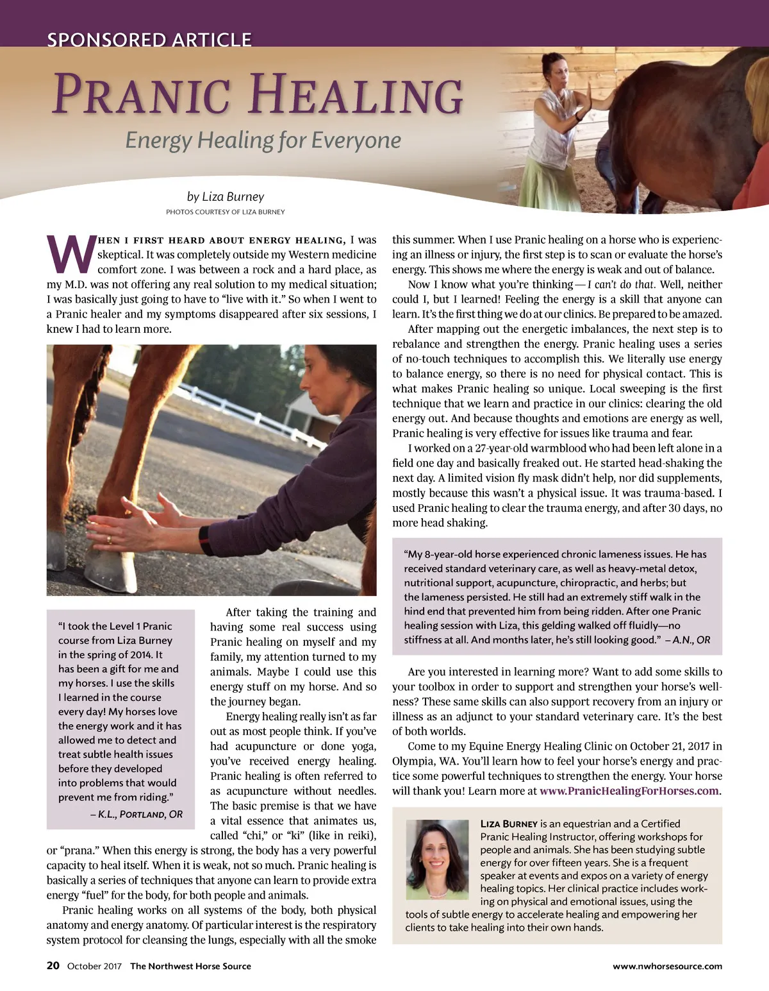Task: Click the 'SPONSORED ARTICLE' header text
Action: [149, 40]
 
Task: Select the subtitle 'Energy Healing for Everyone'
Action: [263, 140]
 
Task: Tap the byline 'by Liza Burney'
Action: [225, 196]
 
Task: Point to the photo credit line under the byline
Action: [225, 212]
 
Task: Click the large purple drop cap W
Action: [70, 255]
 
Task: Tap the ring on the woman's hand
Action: [108, 539]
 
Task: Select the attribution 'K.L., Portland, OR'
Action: [136, 814]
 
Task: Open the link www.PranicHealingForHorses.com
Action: [629, 791]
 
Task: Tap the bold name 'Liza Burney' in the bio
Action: [509, 824]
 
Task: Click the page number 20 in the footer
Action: [53, 965]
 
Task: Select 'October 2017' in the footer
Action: [94, 966]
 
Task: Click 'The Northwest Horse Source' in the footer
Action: [190, 966]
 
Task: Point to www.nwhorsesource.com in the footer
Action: [667, 966]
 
